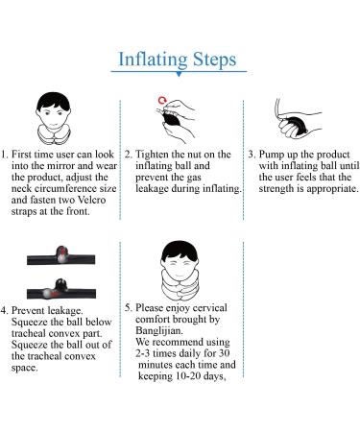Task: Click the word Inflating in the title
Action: (153, 60)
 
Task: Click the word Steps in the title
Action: (214, 60)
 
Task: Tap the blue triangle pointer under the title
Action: (179, 74)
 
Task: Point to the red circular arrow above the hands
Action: (162, 100)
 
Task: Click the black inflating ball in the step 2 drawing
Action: (172, 120)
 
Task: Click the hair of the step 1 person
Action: (53, 101)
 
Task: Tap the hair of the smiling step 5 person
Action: (180, 251)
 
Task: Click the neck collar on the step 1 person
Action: (54, 134)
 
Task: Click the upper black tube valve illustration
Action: (60, 255)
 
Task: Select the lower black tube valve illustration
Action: (61, 289)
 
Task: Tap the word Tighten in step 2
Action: (152, 155)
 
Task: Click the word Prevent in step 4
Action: (28, 310)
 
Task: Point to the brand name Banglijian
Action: (158, 331)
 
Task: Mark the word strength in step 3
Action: (276, 189)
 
